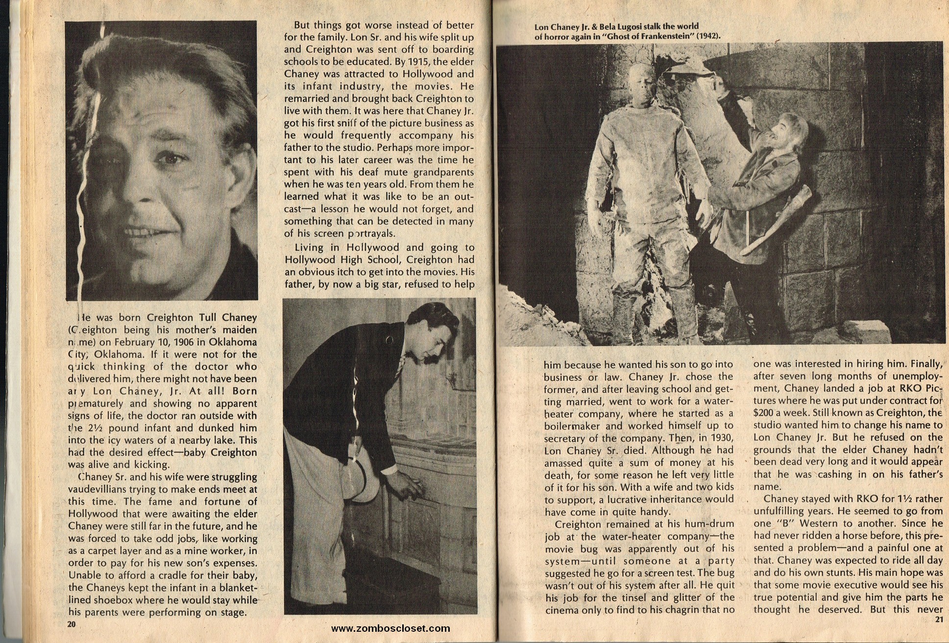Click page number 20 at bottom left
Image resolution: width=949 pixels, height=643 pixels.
click(x=72, y=624)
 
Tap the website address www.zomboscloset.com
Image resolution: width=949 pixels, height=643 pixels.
click(x=390, y=628)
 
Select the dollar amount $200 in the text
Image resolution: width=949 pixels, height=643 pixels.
click(x=766, y=413)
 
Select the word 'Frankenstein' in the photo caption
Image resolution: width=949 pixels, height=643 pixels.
click(x=662, y=36)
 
